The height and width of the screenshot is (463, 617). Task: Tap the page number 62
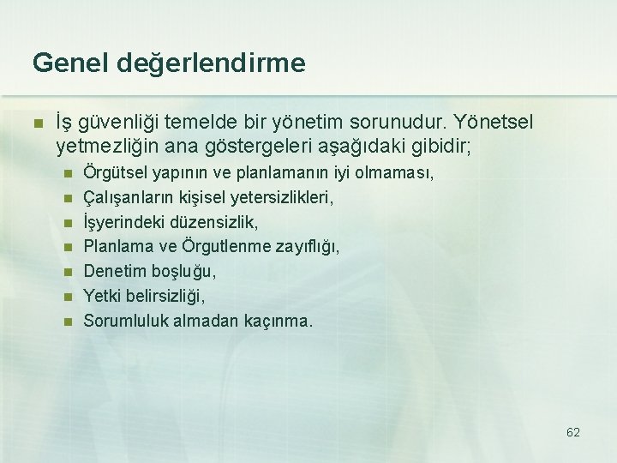(x=573, y=432)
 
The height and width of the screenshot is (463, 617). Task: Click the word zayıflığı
(x=304, y=247)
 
